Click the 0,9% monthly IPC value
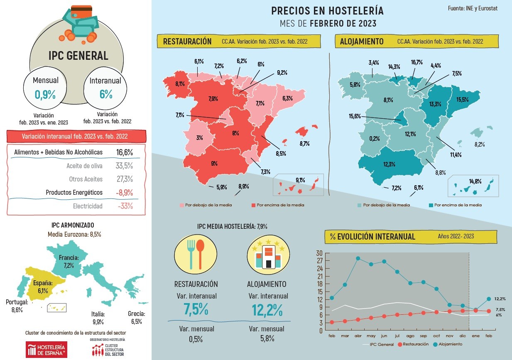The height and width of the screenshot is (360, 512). pos(45,95)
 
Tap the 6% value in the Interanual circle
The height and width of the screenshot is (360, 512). pos(106,94)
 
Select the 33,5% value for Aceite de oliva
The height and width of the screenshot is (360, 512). pos(124,166)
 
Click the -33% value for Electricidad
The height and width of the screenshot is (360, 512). pos(125,206)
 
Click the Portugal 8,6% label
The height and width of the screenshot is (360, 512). pos(17,306)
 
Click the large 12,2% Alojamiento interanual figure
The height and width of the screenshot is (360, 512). pos(268,310)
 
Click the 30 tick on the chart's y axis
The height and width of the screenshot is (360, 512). pos(319,253)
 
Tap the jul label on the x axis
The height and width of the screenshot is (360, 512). pos(397,336)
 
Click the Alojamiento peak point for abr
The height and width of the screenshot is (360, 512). pos(358,258)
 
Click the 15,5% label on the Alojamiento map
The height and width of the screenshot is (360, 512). pos(463,100)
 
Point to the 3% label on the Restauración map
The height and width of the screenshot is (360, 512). pos(200,138)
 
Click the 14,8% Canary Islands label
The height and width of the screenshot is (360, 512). pos(475,181)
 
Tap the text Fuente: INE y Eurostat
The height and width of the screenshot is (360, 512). pos(473,8)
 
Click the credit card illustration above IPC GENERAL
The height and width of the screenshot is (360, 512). pos(81,12)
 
